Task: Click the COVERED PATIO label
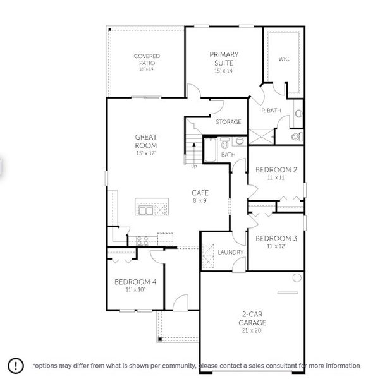(x=147, y=59)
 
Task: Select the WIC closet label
(x=284, y=59)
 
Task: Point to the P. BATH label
(x=271, y=111)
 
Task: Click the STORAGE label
(x=228, y=122)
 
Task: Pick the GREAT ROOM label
(x=146, y=141)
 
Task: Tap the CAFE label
(x=200, y=193)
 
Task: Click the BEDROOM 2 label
(x=276, y=170)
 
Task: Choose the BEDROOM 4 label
(x=135, y=282)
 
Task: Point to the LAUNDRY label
(x=231, y=253)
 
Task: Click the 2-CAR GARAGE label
(x=252, y=318)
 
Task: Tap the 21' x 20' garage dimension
(x=252, y=330)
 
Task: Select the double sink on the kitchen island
(x=147, y=209)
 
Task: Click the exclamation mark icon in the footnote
(x=16, y=365)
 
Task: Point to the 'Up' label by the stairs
(x=193, y=166)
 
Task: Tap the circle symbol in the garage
(x=297, y=278)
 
